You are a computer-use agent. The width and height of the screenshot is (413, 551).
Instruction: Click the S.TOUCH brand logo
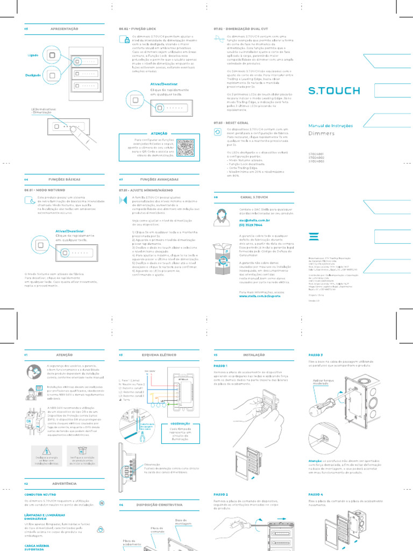334,90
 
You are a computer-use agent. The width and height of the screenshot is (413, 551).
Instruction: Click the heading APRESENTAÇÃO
64,28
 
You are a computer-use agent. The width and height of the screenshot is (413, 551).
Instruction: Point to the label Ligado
32,55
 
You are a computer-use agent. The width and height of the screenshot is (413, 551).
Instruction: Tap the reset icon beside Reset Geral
218,131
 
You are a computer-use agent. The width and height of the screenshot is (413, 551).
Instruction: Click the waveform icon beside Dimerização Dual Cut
218,38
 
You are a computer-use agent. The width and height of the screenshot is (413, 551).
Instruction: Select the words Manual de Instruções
330,125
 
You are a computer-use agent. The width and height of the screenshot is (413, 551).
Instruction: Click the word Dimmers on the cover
321,132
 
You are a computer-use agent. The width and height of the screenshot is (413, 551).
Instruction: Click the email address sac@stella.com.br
254,220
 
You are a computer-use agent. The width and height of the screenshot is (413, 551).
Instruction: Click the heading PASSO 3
316,355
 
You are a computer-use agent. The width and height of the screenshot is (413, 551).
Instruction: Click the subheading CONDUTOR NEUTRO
41,495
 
